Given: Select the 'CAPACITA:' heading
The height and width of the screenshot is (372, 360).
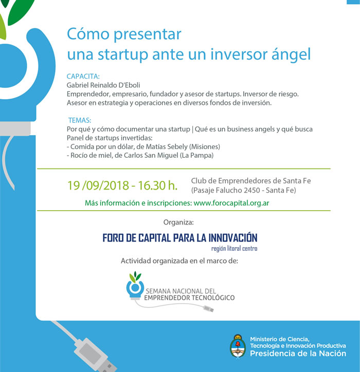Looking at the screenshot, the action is tap(83, 77).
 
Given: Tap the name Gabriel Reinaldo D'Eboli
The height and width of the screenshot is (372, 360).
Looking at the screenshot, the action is tap(103, 85).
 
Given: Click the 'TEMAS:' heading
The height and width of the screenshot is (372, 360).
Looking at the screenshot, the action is tap(80, 120).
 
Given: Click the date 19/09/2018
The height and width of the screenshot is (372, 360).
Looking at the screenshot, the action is tap(98, 185).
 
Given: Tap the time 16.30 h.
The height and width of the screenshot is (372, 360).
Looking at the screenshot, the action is tap(158, 185).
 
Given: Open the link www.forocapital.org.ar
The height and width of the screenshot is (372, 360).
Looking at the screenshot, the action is tap(231, 203).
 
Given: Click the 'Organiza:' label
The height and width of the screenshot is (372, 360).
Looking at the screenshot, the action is tap(178, 222).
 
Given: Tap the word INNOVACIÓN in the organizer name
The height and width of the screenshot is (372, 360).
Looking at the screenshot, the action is tap(233, 238).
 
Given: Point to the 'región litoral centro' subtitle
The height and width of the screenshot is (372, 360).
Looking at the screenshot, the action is tap(234, 248).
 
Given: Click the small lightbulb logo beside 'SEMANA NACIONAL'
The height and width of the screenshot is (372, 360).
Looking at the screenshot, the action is tap(135, 285).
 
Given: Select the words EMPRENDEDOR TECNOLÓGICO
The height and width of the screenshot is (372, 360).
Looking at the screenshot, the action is tap(189, 297).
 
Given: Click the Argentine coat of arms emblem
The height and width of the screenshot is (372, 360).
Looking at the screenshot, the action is tap(238, 346).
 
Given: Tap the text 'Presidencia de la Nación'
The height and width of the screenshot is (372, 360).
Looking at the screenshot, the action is tap(298, 354).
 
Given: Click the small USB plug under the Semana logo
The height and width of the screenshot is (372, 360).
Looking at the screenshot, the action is tap(208, 309).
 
